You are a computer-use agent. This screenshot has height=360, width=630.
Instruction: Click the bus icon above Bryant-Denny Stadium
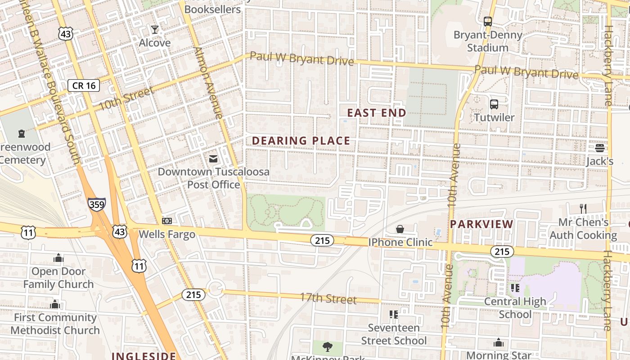click(x=488, y=21)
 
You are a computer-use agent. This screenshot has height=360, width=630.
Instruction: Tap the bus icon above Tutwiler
click(x=494, y=104)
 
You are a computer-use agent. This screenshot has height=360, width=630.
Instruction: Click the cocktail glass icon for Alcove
click(x=155, y=30)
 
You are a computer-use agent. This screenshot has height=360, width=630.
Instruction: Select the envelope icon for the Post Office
click(x=213, y=159)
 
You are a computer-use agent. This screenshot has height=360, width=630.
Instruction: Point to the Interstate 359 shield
click(x=97, y=204)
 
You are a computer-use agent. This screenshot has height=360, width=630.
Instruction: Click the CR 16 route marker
click(x=84, y=85)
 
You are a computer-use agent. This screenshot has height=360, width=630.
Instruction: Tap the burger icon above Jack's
click(x=599, y=148)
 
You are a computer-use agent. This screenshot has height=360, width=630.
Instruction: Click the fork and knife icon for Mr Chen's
click(x=583, y=208)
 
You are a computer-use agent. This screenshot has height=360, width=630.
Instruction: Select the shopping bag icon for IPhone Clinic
click(x=400, y=229)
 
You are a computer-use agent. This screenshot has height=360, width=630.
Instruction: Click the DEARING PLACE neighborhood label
click(x=301, y=141)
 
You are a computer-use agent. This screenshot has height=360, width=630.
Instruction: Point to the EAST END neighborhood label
click(x=377, y=113)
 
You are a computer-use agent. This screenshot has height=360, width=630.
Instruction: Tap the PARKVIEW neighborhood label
click(x=481, y=224)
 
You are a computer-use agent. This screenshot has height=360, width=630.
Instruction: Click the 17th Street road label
click(x=328, y=299)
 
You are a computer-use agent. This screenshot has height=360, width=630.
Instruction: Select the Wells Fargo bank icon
click(x=167, y=221)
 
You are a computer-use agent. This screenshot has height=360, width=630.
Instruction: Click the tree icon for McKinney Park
click(x=328, y=346)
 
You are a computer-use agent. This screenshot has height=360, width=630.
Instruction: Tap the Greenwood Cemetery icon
click(x=22, y=134)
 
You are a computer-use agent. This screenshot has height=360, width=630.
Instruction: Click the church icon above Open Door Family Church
click(x=58, y=258)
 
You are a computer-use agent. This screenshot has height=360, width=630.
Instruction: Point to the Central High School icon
click(x=515, y=288)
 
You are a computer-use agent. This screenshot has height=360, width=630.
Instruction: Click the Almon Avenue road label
click(x=209, y=83)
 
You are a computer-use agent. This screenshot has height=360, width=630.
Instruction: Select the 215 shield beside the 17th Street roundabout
click(x=193, y=295)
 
